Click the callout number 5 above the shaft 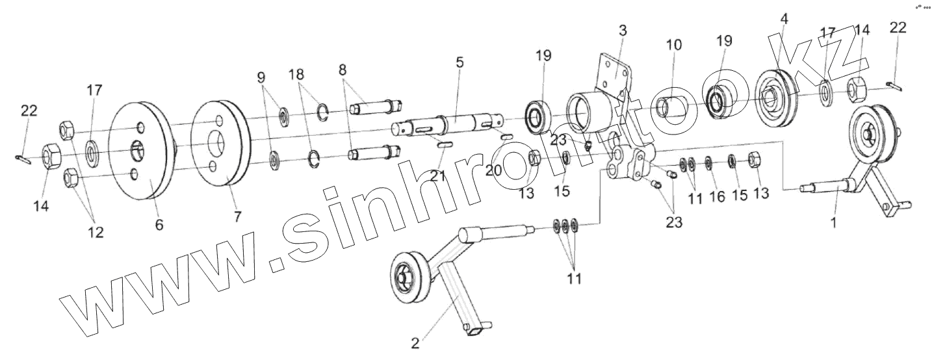(x=460, y=63)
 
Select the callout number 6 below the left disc (x=159, y=225)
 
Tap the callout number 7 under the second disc (x=238, y=217)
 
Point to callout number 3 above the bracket (x=623, y=31)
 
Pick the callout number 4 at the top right (x=784, y=19)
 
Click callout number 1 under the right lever (x=835, y=222)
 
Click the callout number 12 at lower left (x=96, y=232)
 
